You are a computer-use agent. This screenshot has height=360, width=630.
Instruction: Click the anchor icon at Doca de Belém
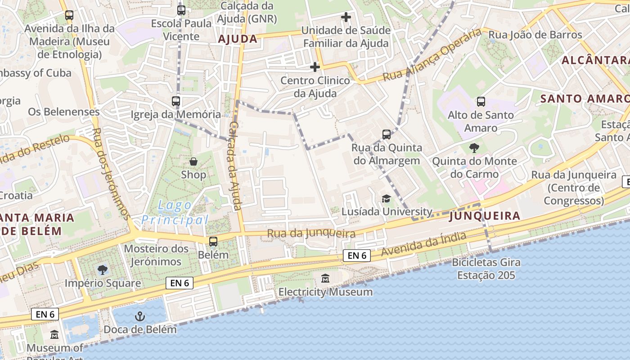point(139,316)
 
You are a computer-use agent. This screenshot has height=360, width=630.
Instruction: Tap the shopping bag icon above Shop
point(193,161)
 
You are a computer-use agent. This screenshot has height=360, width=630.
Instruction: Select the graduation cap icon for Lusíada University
point(386,198)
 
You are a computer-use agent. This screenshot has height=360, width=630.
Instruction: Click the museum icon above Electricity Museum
point(325,279)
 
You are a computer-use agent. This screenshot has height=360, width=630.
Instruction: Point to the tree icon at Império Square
point(103,270)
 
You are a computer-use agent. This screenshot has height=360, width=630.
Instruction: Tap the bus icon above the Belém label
point(213,242)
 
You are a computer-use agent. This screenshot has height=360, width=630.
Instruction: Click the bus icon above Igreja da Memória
point(176,101)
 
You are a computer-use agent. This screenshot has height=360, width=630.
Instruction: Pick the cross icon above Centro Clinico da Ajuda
point(315,67)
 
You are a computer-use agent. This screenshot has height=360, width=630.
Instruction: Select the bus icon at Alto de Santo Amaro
point(481,102)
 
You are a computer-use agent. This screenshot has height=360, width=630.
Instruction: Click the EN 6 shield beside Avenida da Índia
point(356,256)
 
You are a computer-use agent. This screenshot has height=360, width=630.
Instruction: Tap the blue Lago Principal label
point(175,213)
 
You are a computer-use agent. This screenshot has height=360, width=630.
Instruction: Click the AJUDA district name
point(238,39)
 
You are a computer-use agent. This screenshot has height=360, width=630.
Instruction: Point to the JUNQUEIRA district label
point(485,216)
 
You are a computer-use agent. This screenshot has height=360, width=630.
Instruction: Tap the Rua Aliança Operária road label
point(432,56)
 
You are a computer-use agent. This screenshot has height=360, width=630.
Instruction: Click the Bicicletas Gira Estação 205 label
point(486,269)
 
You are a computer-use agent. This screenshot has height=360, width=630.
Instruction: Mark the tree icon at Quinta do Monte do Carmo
point(474,148)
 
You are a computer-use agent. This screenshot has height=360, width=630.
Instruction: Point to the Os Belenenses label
point(63,112)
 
